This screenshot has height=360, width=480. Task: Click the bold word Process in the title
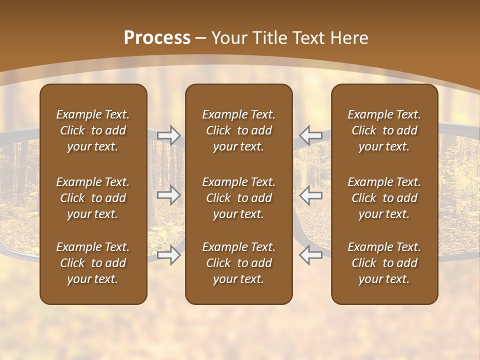(x=157, y=38)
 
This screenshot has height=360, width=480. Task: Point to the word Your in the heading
(x=230, y=38)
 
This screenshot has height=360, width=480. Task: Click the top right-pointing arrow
(x=169, y=135)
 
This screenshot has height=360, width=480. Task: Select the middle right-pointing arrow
(x=169, y=195)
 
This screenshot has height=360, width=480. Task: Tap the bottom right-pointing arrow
(x=169, y=255)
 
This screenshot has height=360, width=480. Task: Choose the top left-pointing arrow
(x=310, y=135)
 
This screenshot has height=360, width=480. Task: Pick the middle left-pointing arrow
(x=310, y=195)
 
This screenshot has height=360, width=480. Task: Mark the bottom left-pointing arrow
(x=310, y=255)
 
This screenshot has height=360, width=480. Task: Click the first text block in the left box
(x=93, y=130)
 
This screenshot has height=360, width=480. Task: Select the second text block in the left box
(x=93, y=198)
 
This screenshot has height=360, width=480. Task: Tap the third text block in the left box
(x=93, y=263)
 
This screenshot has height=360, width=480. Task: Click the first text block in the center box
(x=239, y=130)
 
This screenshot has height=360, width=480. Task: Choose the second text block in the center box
(x=239, y=198)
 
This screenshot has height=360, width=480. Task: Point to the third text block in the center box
(x=239, y=263)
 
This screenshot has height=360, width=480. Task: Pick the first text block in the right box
(x=384, y=130)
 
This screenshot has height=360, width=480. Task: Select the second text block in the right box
(x=384, y=198)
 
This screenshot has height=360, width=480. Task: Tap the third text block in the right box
(x=384, y=263)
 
